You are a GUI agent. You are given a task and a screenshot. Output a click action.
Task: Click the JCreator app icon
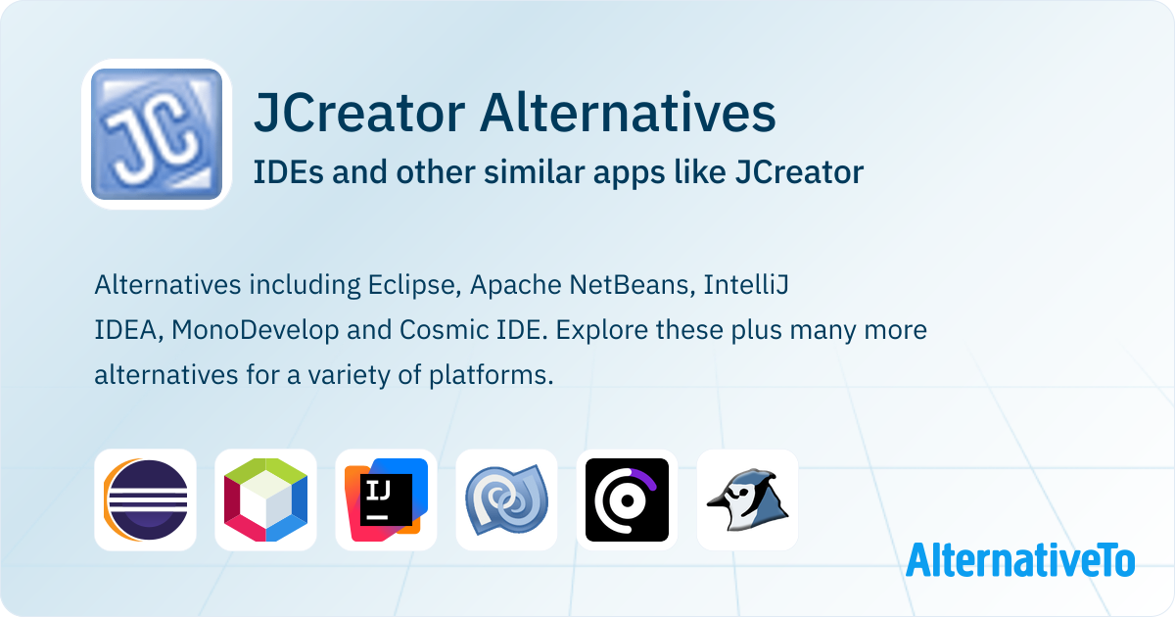[157, 134]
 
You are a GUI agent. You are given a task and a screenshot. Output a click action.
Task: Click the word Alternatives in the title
[628, 113]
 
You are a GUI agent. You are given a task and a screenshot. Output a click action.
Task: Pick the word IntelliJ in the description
[746, 285]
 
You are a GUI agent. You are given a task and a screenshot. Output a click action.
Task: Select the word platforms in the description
[491, 375]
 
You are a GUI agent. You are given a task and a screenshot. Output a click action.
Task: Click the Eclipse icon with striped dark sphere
[145, 500]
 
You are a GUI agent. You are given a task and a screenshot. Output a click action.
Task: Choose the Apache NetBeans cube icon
[265, 500]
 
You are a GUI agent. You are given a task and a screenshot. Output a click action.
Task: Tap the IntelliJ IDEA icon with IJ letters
[386, 500]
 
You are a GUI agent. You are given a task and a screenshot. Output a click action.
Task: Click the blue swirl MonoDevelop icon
[507, 500]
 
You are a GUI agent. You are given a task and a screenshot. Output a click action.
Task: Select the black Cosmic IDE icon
[627, 500]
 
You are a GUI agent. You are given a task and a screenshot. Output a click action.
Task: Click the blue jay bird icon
[747, 500]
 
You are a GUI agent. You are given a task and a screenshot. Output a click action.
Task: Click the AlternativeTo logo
[1020, 560]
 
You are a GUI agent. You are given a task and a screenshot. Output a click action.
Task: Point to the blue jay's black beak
[718, 502]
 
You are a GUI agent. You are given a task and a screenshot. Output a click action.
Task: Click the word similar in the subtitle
[534, 172]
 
